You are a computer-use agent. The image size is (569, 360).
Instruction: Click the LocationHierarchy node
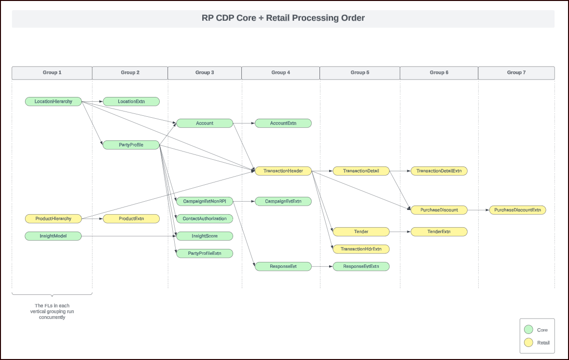[x=53, y=101]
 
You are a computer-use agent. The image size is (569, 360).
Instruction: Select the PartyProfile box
[x=131, y=145]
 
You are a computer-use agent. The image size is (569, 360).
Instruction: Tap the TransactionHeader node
[x=283, y=171]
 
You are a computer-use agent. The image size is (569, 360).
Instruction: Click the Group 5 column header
[x=360, y=72]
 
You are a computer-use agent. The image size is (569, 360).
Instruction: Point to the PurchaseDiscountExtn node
[x=518, y=210]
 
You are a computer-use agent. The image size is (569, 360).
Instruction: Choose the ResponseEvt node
[x=283, y=266]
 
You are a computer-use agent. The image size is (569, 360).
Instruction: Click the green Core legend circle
[x=528, y=330]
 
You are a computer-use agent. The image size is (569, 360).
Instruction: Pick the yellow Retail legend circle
[x=528, y=343]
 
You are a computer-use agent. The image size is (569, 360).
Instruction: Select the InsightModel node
[x=53, y=236]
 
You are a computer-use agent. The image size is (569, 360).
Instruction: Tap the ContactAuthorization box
[x=204, y=219]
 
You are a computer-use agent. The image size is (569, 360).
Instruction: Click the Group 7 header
[x=516, y=72]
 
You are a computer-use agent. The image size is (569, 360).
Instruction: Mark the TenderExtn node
[x=439, y=232]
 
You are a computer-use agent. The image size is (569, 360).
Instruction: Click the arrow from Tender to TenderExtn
[x=400, y=232]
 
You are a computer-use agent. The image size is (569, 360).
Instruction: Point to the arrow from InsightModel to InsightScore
[x=128, y=236]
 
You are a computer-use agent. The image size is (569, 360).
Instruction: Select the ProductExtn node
[x=131, y=219]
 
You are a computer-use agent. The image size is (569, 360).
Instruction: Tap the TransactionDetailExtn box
[x=439, y=171]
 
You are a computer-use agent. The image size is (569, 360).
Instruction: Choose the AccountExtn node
[x=283, y=123]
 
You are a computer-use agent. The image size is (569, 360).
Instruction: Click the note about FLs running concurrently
[x=52, y=311]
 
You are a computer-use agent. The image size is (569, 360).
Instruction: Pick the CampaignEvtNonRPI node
[x=204, y=201]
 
